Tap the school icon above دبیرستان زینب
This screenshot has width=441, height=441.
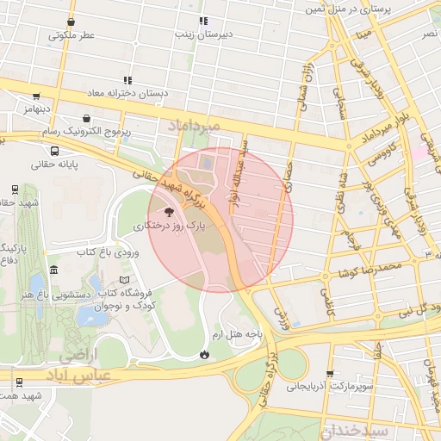click(203, 21)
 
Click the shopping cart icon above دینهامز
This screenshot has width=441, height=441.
click(35, 96)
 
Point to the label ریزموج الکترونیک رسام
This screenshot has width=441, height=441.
click(86, 131)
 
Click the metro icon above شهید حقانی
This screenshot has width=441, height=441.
click(15, 189)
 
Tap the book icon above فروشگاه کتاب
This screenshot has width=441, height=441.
click(127, 279)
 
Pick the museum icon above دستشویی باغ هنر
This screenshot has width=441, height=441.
click(54, 270)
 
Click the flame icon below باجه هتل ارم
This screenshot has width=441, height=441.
click(204, 353)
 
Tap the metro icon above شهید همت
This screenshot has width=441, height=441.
click(18, 381)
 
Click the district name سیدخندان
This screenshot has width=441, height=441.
click(357, 429)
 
